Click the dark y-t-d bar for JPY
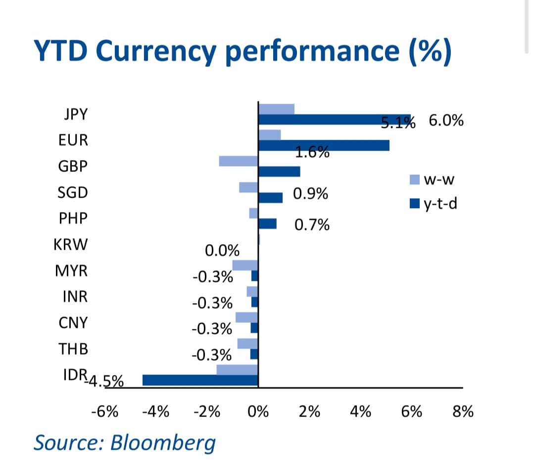[x=335, y=119]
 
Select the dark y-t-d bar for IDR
[x=200, y=380]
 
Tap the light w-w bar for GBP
[x=238, y=161]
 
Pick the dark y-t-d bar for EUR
[x=324, y=145]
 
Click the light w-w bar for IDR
[x=237, y=369]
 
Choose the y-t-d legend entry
[x=433, y=203]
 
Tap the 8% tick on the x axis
[x=463, y=411]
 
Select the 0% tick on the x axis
[x=258, y=411]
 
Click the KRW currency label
[x=70, y=245]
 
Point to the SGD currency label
[x=73, y=192]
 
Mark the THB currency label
[x=73, y=349]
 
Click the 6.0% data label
[x=446, y=120]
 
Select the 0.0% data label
[x=222, y=251]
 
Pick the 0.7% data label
[x=312, y=225]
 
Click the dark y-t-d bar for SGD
[x=271, y=198]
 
